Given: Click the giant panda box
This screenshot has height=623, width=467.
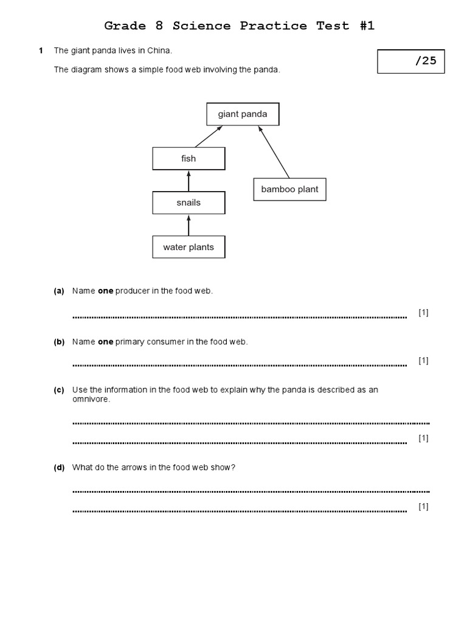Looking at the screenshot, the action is coord(243,114).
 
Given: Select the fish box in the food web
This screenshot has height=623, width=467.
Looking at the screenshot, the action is coord(189,159).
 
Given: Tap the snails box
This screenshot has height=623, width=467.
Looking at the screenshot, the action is coord(189,203).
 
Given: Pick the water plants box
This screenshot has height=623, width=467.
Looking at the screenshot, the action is coord(189,248).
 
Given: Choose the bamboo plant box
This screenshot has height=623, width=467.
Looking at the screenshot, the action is coord(289,189).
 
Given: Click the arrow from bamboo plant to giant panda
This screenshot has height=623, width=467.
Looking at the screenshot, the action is coord(273,151).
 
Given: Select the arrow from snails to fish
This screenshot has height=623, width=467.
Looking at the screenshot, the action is coord(189,181).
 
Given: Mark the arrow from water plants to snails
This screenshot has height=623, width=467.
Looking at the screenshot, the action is coord(189,225).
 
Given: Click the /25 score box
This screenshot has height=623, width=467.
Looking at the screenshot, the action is coord(410,61).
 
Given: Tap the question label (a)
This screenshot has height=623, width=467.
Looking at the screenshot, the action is coord(59,291).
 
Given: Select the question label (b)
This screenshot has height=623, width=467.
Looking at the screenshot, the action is coord(59,342).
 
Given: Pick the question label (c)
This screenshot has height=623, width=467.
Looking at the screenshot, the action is coord(59,390).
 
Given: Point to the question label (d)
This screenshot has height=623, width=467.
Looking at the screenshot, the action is coord(59,467).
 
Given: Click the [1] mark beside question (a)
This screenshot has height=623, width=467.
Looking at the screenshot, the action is coord(424,313).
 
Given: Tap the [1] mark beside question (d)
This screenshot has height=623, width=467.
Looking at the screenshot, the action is coord(424,507).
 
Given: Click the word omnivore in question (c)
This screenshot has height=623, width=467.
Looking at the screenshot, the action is coord(91,399).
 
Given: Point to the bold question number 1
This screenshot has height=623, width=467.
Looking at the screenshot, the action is coord(41,50).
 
